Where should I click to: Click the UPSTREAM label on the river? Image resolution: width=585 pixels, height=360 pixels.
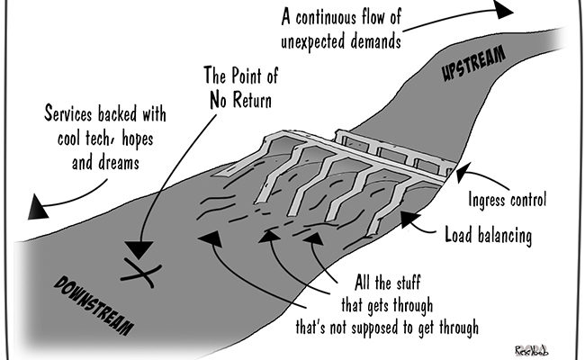click(x=473, y=62)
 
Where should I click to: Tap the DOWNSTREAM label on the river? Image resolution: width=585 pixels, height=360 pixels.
click(x=94, y=305)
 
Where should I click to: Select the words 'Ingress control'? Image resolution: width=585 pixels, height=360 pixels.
click(x=508, y=200)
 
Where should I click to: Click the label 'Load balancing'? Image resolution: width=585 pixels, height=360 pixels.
click(x=489, y=236)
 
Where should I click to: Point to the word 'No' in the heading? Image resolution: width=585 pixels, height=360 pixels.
click(x=218, y=100)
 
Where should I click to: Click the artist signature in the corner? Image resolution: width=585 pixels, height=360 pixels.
click(x=531, y=349)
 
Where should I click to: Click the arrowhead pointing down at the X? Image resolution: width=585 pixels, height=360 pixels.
click(x=139, y=249)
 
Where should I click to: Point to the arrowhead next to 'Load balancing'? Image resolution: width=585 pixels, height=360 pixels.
click(x=410, y=219)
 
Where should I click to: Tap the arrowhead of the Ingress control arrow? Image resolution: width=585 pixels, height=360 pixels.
click(x=463, y=173)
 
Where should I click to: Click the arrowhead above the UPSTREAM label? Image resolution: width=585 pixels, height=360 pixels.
click(x=503, y=9)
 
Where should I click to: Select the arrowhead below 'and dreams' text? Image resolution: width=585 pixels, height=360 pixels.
click(x=37, y=207)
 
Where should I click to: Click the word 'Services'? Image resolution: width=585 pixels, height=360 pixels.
click(x=67, y=112)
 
